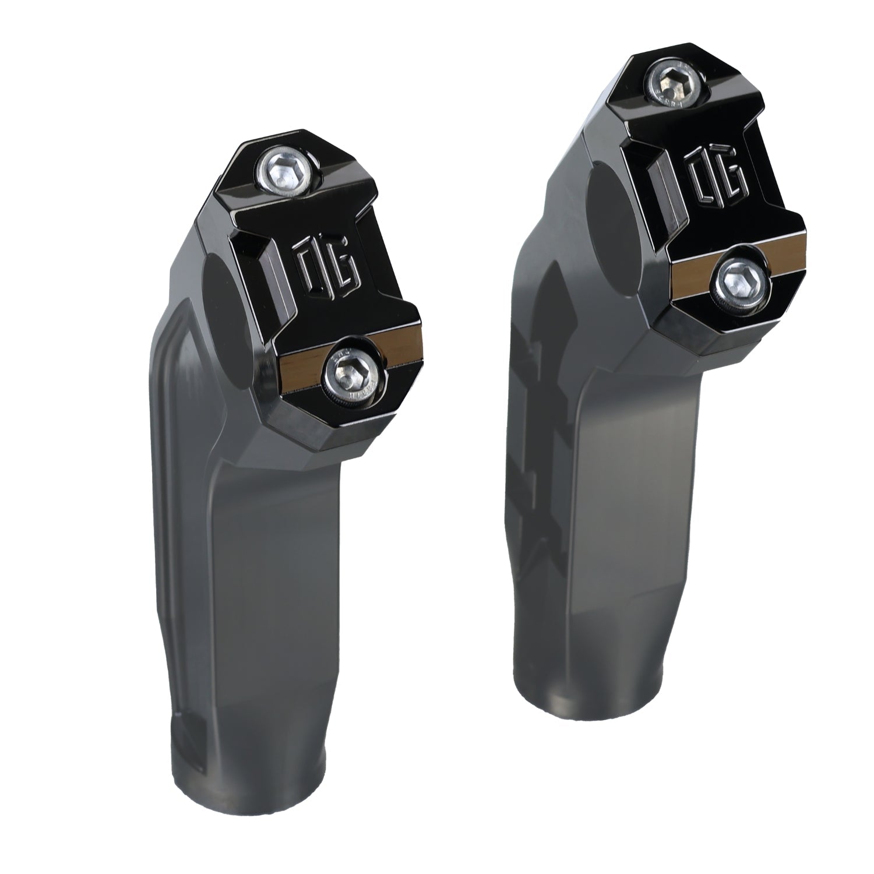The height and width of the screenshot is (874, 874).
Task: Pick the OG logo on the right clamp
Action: pos(717,175)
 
